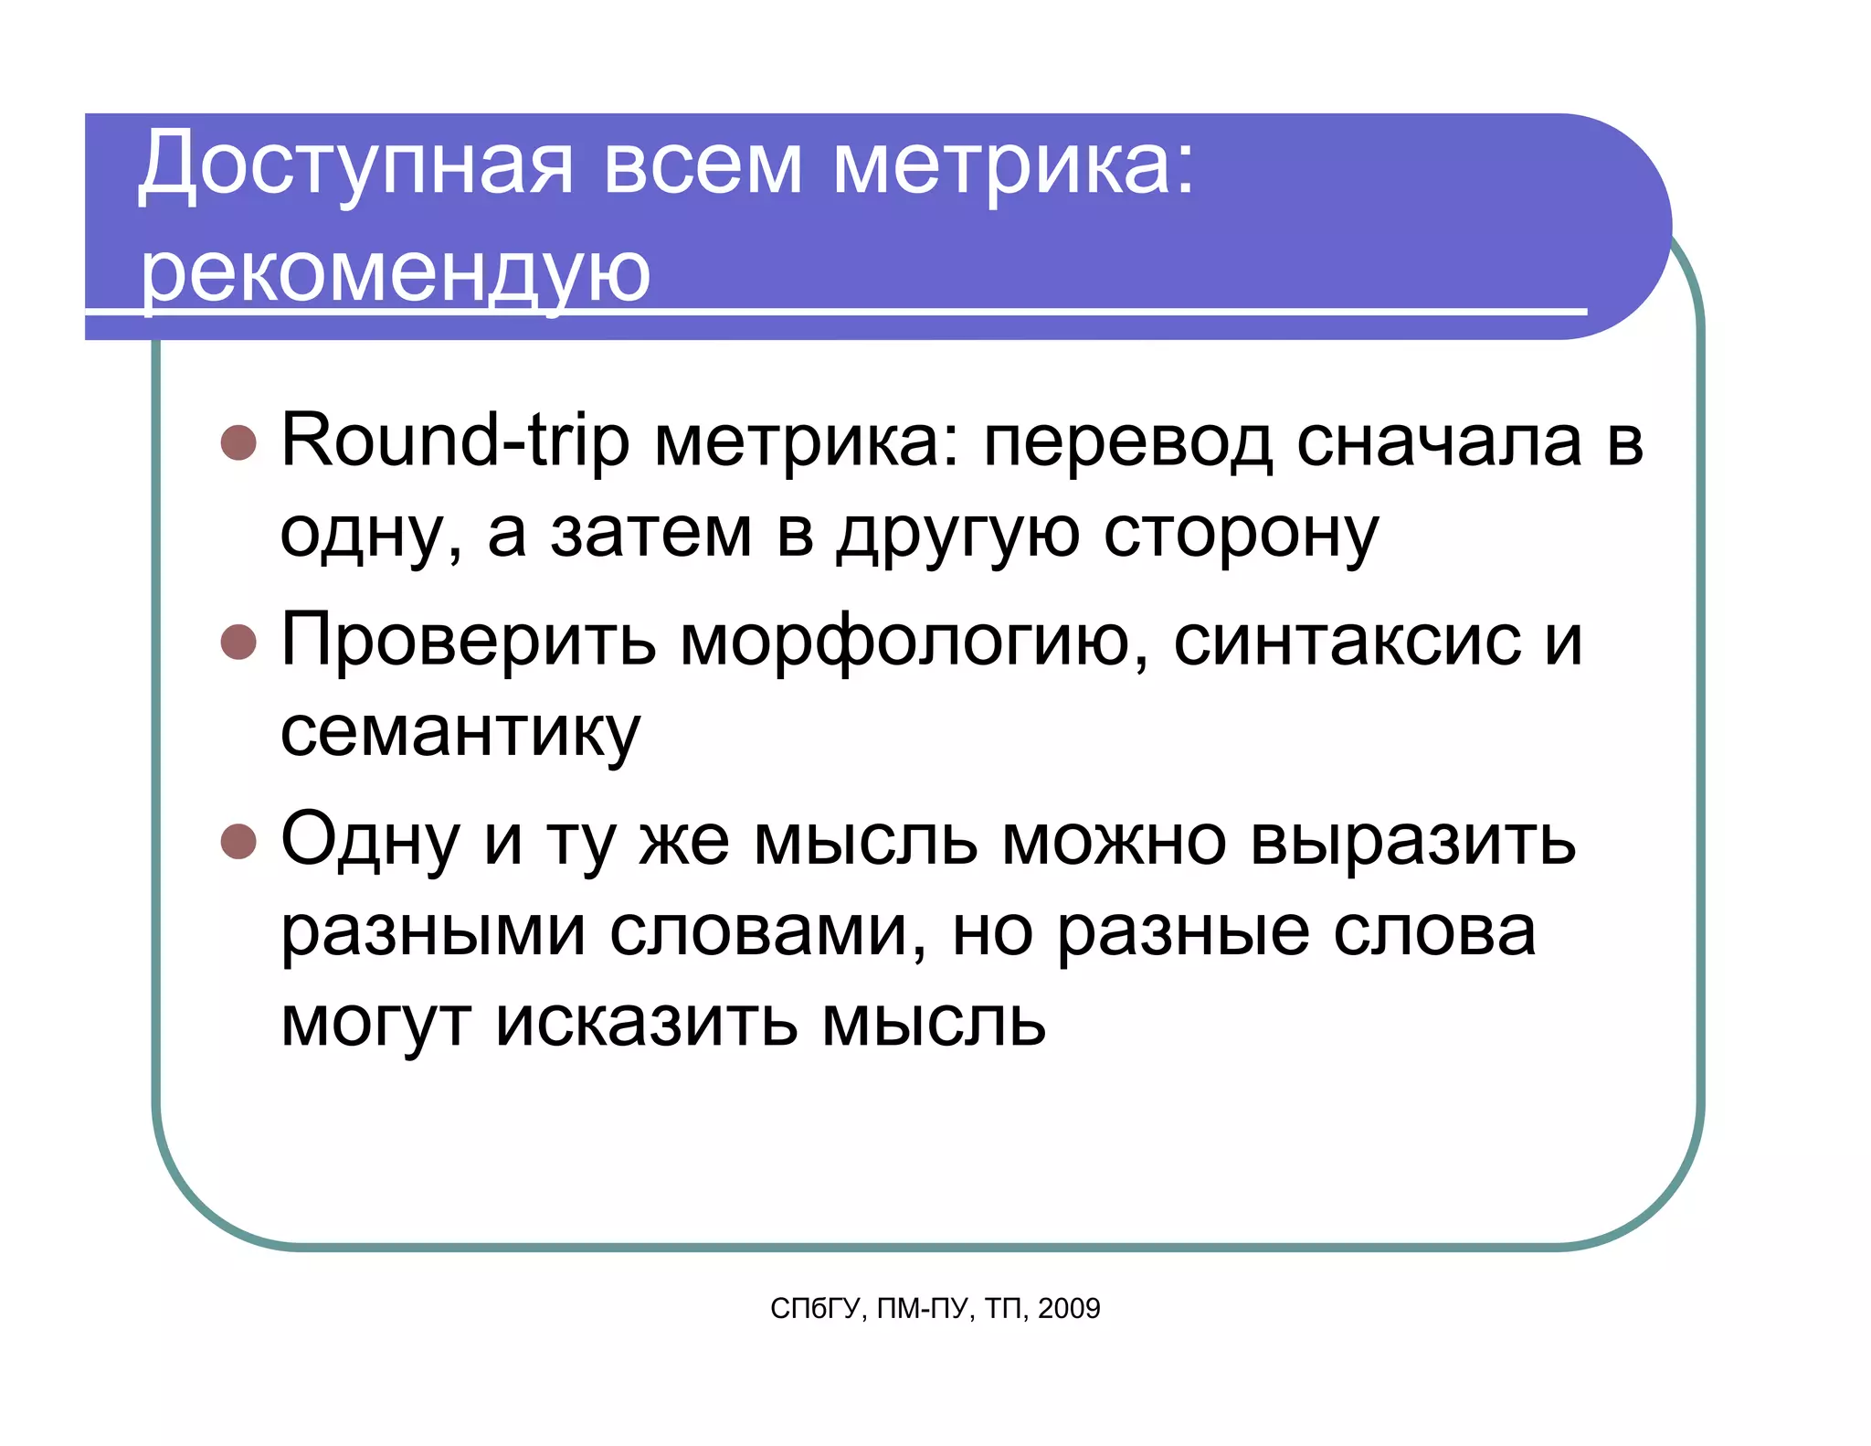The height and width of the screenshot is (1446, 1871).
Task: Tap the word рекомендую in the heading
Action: coord(395,273)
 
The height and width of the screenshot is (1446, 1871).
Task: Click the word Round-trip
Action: coord(455,441)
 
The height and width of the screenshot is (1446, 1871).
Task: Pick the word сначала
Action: coord(1439,441)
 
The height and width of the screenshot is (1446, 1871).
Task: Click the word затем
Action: coord(650,534)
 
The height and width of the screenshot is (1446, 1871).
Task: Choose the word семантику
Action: coord(460,733)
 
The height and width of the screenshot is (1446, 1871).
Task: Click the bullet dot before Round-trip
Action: coord(239,442)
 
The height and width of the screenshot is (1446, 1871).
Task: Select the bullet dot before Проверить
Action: coord(239,642)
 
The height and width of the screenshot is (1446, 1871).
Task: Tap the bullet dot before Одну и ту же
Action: coord(239,842)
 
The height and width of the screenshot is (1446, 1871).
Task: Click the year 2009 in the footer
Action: coord(1069,1309)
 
